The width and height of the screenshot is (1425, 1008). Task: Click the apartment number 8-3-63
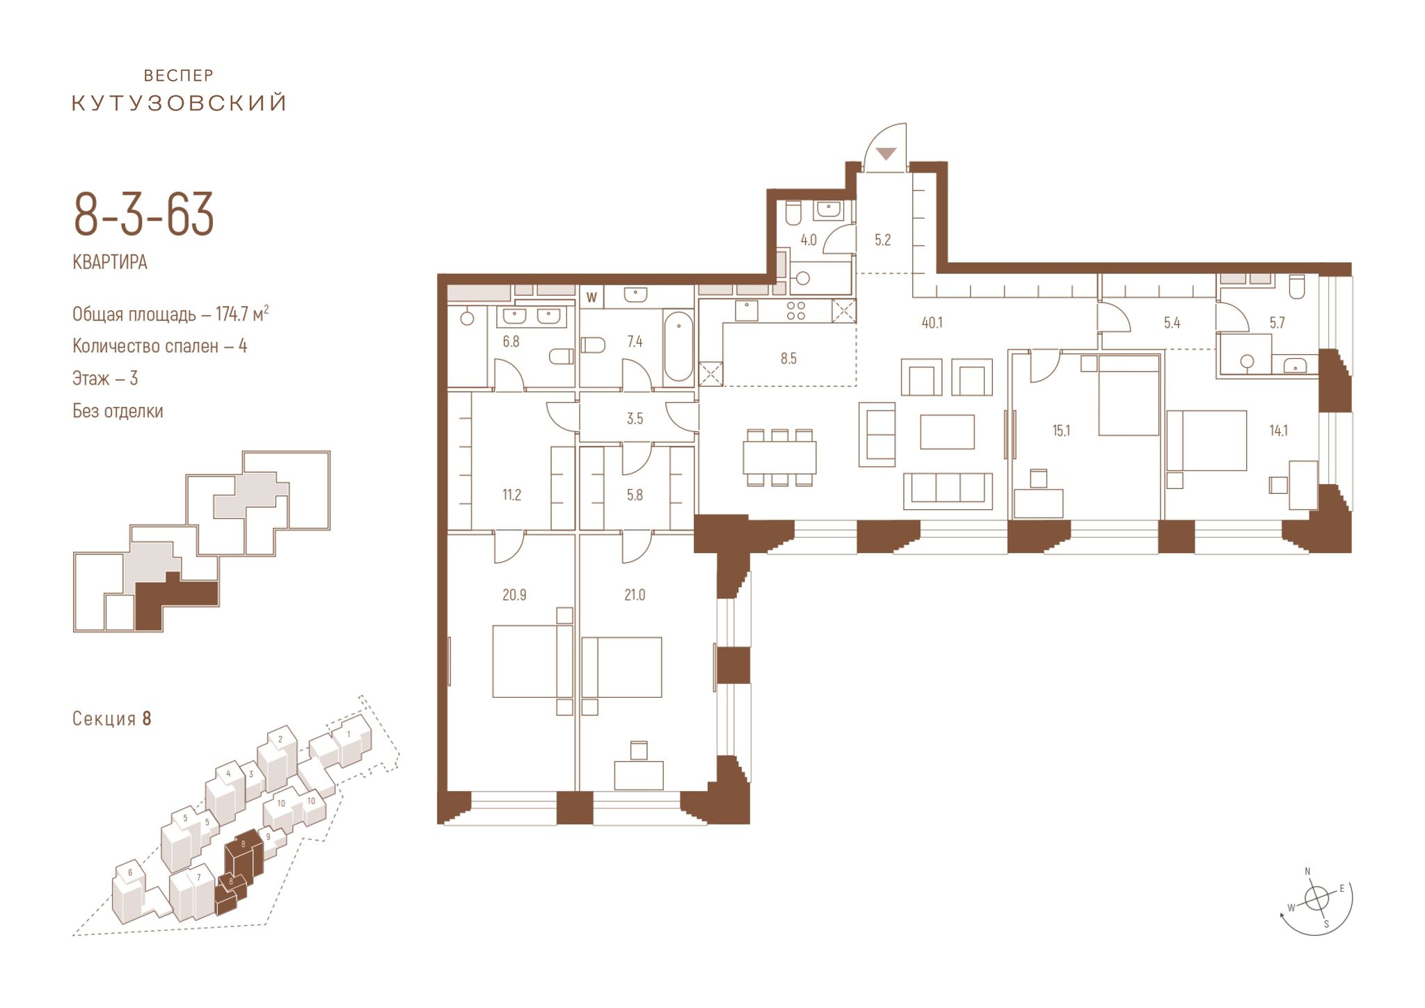point(143,215)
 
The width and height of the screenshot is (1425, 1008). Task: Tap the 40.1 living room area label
point(932,323)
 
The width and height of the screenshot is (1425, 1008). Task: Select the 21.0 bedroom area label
point(635,595)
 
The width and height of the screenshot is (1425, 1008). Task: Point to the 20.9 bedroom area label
point(514,595)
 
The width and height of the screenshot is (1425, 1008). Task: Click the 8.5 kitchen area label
point(788,359)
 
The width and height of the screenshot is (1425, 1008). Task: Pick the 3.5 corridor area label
point(635,419)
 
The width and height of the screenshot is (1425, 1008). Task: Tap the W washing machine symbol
point(591,298)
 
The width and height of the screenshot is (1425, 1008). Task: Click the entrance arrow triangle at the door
point(886,154)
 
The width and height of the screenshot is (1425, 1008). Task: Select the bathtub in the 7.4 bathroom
point(678,346)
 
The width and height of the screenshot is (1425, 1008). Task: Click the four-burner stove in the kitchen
point(796,310)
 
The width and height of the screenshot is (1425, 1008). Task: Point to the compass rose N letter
point(1307,871)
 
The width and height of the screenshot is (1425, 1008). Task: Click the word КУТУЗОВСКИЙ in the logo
point(180,103)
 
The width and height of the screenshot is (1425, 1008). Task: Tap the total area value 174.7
point(232,314)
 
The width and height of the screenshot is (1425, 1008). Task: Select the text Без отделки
point(118,411)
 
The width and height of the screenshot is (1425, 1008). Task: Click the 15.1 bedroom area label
point(1061,431)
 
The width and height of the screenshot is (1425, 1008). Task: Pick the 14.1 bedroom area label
point(1278,431)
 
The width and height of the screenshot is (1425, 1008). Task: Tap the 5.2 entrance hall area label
point(882,240)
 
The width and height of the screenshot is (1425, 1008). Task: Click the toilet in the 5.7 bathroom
point(1297,287)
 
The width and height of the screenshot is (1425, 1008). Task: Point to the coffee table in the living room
point(947,431)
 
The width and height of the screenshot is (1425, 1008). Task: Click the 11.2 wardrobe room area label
point(511,495)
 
